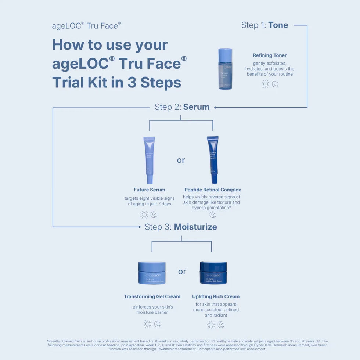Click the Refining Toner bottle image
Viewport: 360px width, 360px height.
pos(225,69)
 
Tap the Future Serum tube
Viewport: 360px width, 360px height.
pos(149,160)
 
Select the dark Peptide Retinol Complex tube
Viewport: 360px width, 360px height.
pos(213,160)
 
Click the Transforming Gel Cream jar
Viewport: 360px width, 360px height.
pos(152,273)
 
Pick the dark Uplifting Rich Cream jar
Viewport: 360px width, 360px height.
pos(213,273)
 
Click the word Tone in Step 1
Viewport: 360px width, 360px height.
pos(278,25)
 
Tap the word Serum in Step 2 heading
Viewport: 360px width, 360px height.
pos(196,107)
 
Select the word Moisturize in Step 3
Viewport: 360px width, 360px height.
pos(195,227)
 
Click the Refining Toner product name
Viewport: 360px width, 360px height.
pos(270,55)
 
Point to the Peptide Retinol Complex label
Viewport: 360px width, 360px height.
pos(213,190)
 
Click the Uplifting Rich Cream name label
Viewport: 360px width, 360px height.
pos(216,296)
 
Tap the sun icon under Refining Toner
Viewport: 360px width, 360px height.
pos(265,84)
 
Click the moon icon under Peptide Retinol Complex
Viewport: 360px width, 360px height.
pos(213,215)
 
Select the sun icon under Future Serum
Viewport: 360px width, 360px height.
pos(144,215)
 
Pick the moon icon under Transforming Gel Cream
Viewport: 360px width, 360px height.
pos(157,324)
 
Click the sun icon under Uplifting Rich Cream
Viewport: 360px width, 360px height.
pos(211,324)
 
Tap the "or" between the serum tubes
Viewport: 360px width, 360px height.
pos(181,160)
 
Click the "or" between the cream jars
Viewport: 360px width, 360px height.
pos(182,271)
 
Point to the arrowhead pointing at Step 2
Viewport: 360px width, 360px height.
pos(216,108)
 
